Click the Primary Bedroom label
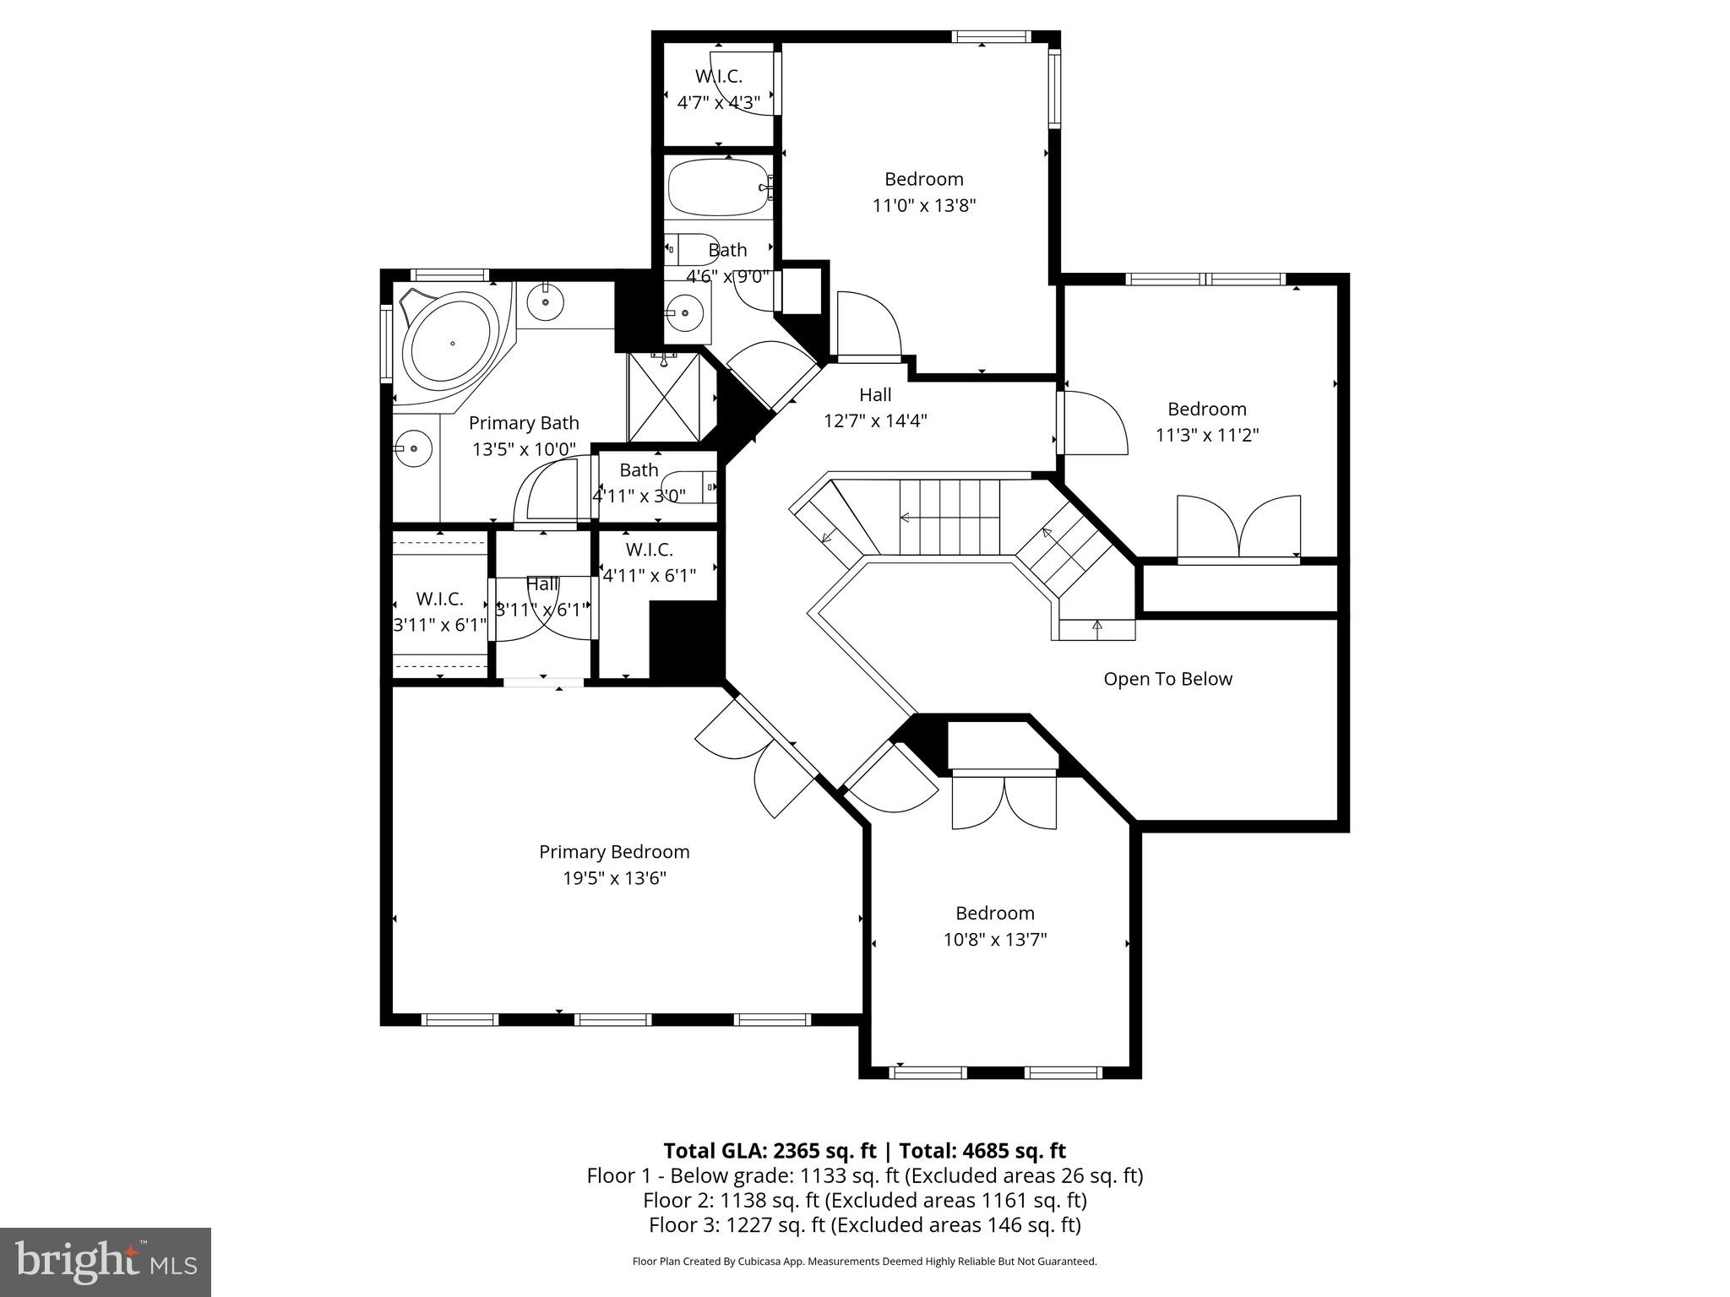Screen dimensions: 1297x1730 (x=614, y=852)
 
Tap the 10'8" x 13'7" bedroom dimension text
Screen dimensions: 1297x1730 (x=994, y=939)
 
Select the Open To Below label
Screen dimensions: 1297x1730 (x=1167, y=679)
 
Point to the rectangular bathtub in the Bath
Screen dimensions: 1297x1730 (x=718, y=188)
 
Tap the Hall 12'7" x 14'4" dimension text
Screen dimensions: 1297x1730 (x=875, y=421)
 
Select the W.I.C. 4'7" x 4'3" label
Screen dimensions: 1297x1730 (x=718, y=89)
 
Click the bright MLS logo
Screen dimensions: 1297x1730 (x=105, y=1262)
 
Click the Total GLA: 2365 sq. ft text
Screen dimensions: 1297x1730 (x=770, y=1151)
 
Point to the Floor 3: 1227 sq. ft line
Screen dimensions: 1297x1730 (x=864, y=1224)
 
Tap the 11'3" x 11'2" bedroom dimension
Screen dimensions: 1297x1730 (x=1206, y=435)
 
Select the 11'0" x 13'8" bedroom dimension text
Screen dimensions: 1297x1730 (x=923, y=205)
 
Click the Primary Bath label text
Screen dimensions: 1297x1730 (x=524, y=423)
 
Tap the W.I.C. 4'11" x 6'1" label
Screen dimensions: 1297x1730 (x=649, y=562)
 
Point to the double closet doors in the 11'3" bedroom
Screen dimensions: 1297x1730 (x=1238, y=528)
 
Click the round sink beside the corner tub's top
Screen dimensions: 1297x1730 (x=546, y=301)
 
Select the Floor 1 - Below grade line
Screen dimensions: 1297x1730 (x=864, y=1175)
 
